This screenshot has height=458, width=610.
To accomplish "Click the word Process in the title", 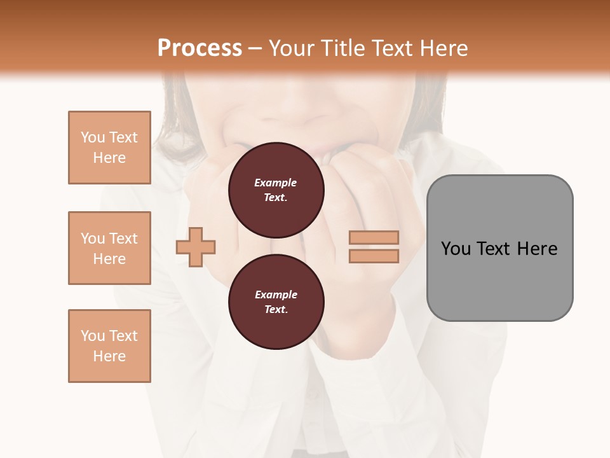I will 200,48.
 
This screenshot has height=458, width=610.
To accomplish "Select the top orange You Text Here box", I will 109,148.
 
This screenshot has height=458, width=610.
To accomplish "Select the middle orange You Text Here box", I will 109,248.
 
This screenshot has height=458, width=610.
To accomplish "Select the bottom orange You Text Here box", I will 109,346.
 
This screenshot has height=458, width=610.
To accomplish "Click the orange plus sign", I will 196,247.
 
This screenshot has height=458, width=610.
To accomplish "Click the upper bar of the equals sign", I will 374,238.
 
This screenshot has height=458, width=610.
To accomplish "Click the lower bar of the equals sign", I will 374,256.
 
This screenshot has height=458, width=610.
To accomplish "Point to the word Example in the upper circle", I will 276,183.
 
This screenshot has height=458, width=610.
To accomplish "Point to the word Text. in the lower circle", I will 276,310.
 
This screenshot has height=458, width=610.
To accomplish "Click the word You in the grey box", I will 456,249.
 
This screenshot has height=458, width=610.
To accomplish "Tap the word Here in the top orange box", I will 109,158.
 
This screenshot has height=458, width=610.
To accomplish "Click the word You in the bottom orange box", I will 93,336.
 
